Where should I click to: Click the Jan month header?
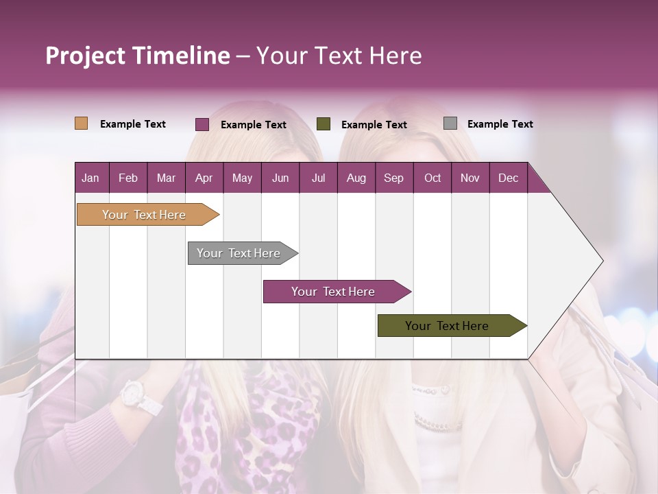tap(90, 178)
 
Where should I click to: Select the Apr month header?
tap(204, 178)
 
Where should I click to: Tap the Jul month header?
tap(318, 178)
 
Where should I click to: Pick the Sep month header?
tap(393, 178)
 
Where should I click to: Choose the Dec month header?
tap(508, 178)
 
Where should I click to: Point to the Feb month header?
tap(128, 178)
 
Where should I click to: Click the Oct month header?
tap(432, 178)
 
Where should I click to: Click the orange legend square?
tap(82, 123)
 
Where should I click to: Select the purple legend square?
tap(202, 124)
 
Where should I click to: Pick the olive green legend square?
tap(324, 124)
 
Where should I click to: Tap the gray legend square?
tap(450, 123)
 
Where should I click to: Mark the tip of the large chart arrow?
tap(602, 261)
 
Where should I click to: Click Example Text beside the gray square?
tap(500, 124)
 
